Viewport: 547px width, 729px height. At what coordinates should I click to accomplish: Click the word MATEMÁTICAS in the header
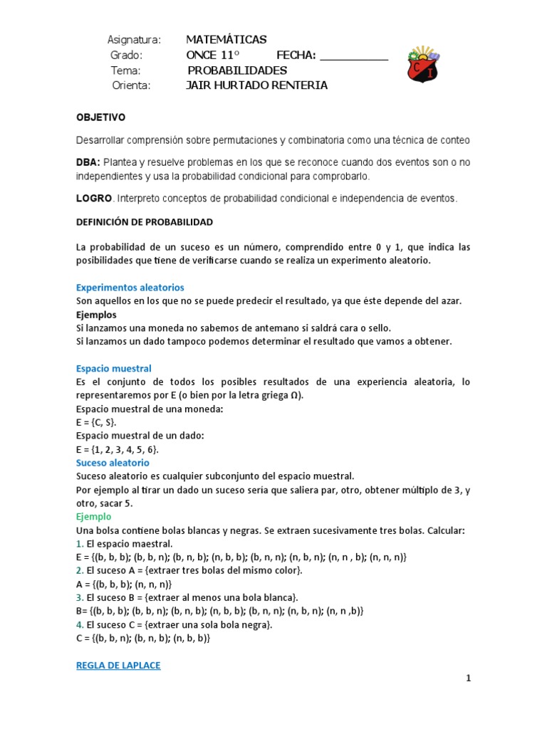click(226, 39)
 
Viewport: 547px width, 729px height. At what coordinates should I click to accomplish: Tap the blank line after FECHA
click(354, 56)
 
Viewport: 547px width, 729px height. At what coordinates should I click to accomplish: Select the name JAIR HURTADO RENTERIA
click(256, 85)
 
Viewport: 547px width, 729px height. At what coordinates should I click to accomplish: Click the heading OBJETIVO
click(100, 117)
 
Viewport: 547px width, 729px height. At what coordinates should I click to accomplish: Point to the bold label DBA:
click(88, 163)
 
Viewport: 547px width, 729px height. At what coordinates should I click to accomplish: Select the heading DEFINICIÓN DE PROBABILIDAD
click(145, 222)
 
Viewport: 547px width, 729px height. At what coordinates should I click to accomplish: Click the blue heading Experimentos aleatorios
click(130, 288)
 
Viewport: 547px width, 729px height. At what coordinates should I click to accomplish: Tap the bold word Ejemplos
click(96, 314)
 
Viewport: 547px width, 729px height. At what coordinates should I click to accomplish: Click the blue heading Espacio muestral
click(114, 369)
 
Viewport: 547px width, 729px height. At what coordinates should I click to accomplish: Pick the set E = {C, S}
click(96, 422)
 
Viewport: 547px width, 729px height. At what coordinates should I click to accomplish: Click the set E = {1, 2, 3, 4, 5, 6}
click(118, 449)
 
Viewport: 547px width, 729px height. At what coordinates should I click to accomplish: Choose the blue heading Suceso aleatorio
click(113, 463)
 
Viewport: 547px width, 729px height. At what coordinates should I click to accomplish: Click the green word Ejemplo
click(95, 517)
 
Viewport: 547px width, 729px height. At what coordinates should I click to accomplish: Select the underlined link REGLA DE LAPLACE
click(118, 665)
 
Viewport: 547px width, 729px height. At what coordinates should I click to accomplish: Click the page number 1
click(469, 678)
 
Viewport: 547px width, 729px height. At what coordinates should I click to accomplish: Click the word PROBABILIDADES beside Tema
click(237, 70)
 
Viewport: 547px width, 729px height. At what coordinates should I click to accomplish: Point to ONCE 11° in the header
click(213, 56)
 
